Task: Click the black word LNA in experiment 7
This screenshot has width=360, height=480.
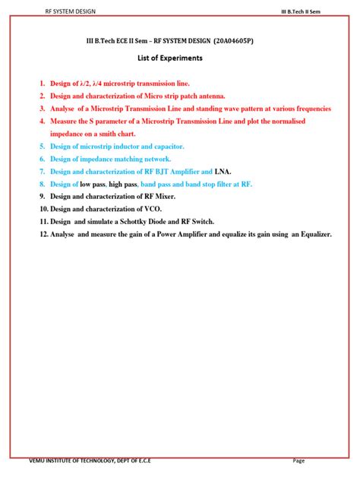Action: [x=223, y=171]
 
